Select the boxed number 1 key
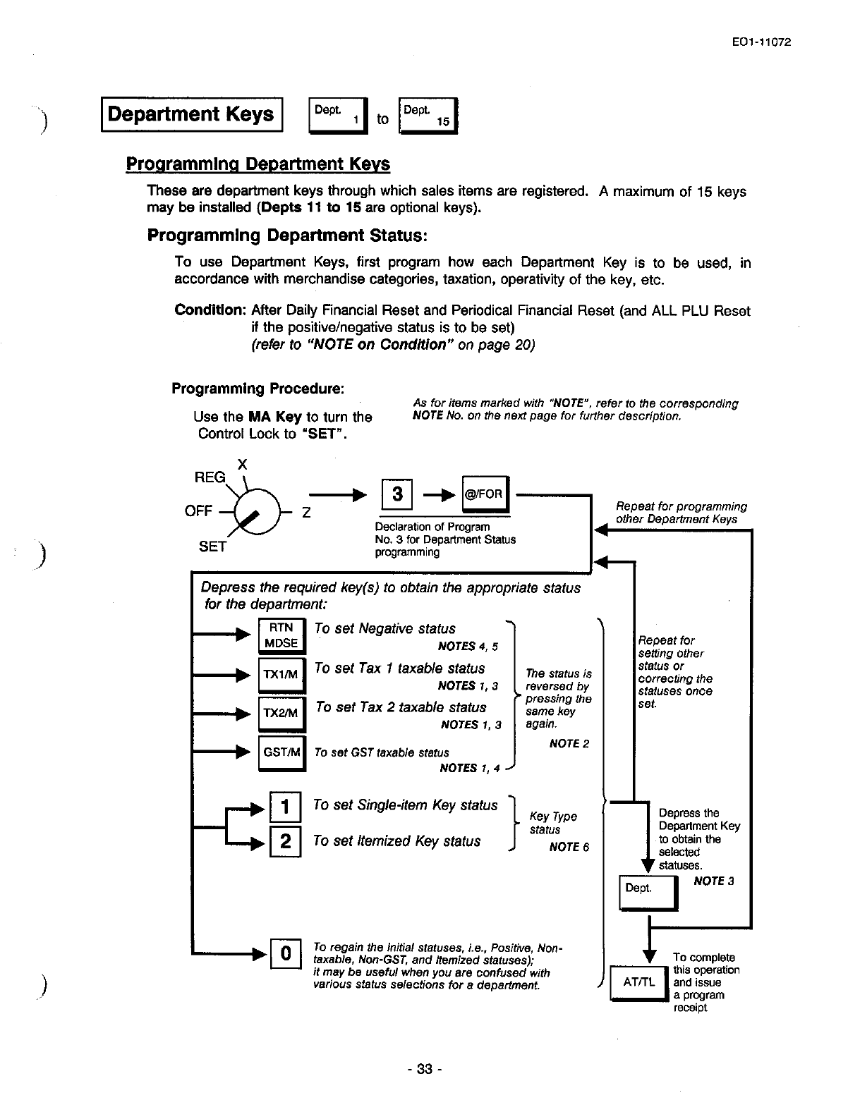click(x=286, y=807)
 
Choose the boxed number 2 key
click(x=286, y=842)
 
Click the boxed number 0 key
click(x=286, y=954)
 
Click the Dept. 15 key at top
click(x=428, y=116)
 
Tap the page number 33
click(x=423, y=1069)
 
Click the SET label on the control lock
click(x=212, y=546)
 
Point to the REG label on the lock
click(x=210, y=477)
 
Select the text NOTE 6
click(x=569, y=847)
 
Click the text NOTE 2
click(x=569, y=743)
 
